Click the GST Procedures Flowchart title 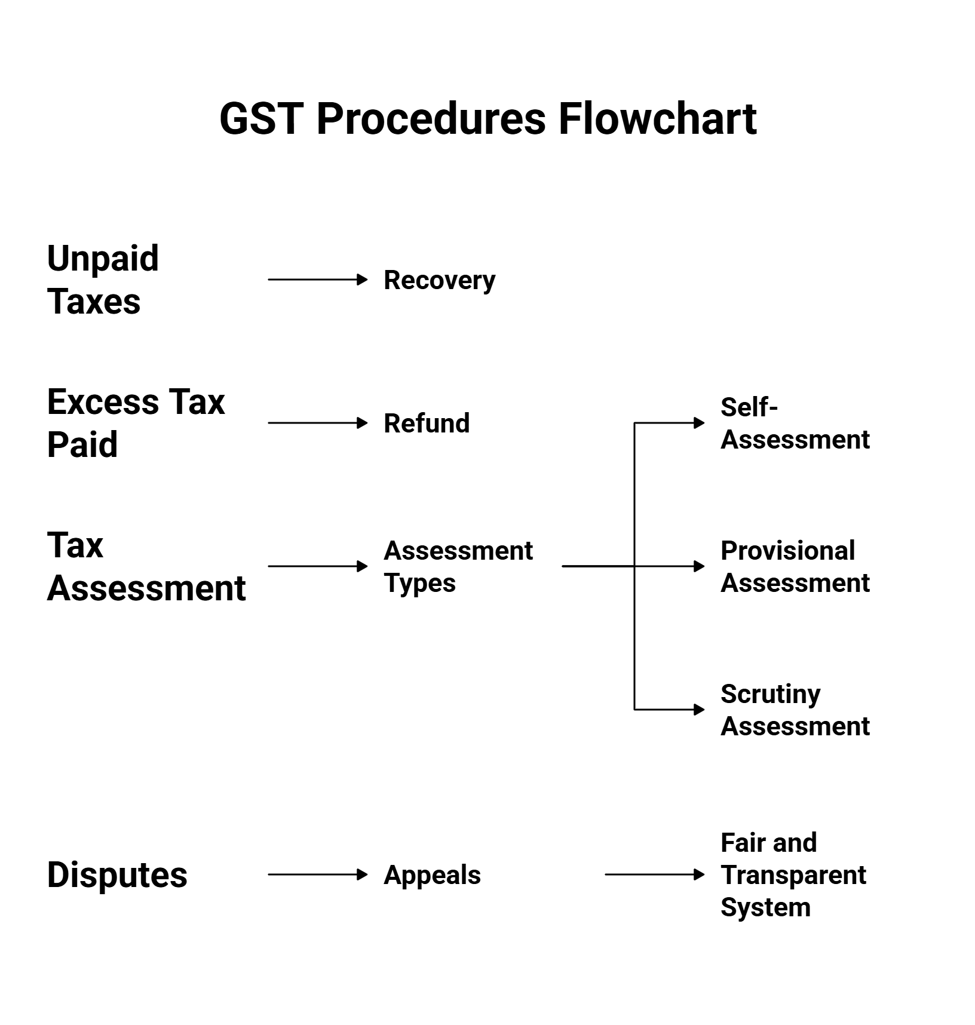pyautogui.click(x=487, y=118)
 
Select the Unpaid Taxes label pyautogui.click(x=103, y=280)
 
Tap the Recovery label pyautogui.click(x=439, y=280)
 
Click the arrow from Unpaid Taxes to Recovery pyautogui.click(x=317, y=280)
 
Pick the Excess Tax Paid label pyautogui.click(x=136, y=423)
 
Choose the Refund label pyautogui.click(x=427, y=423)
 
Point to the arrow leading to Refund pyautogui.click(x=317, y=423)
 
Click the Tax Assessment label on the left pyautogui.click(x=146, y=566)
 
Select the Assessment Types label pyautogui.click(x=458, y=566)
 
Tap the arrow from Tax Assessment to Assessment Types pyautogui.click(x=317, y=566)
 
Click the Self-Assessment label pyautogui.click(x=795, y=423)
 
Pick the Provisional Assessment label pyautogui.click(x=795, y=566)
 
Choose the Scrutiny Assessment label pyautogui.click(x=795, y=710)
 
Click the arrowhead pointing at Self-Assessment pyautogui.click(x=699, y=423)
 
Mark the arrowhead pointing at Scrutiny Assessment pyautogui.click(x=699, y=710)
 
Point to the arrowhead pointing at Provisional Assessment pyautogui.click(x=699, y=566)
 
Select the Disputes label pyautogui.click(x=117, y=874)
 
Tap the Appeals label pyautogui.click(x=432, y=874)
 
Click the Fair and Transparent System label pyautogui.click(x=793, y=874)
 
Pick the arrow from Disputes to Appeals pyautogui.click(x=317, y=874)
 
